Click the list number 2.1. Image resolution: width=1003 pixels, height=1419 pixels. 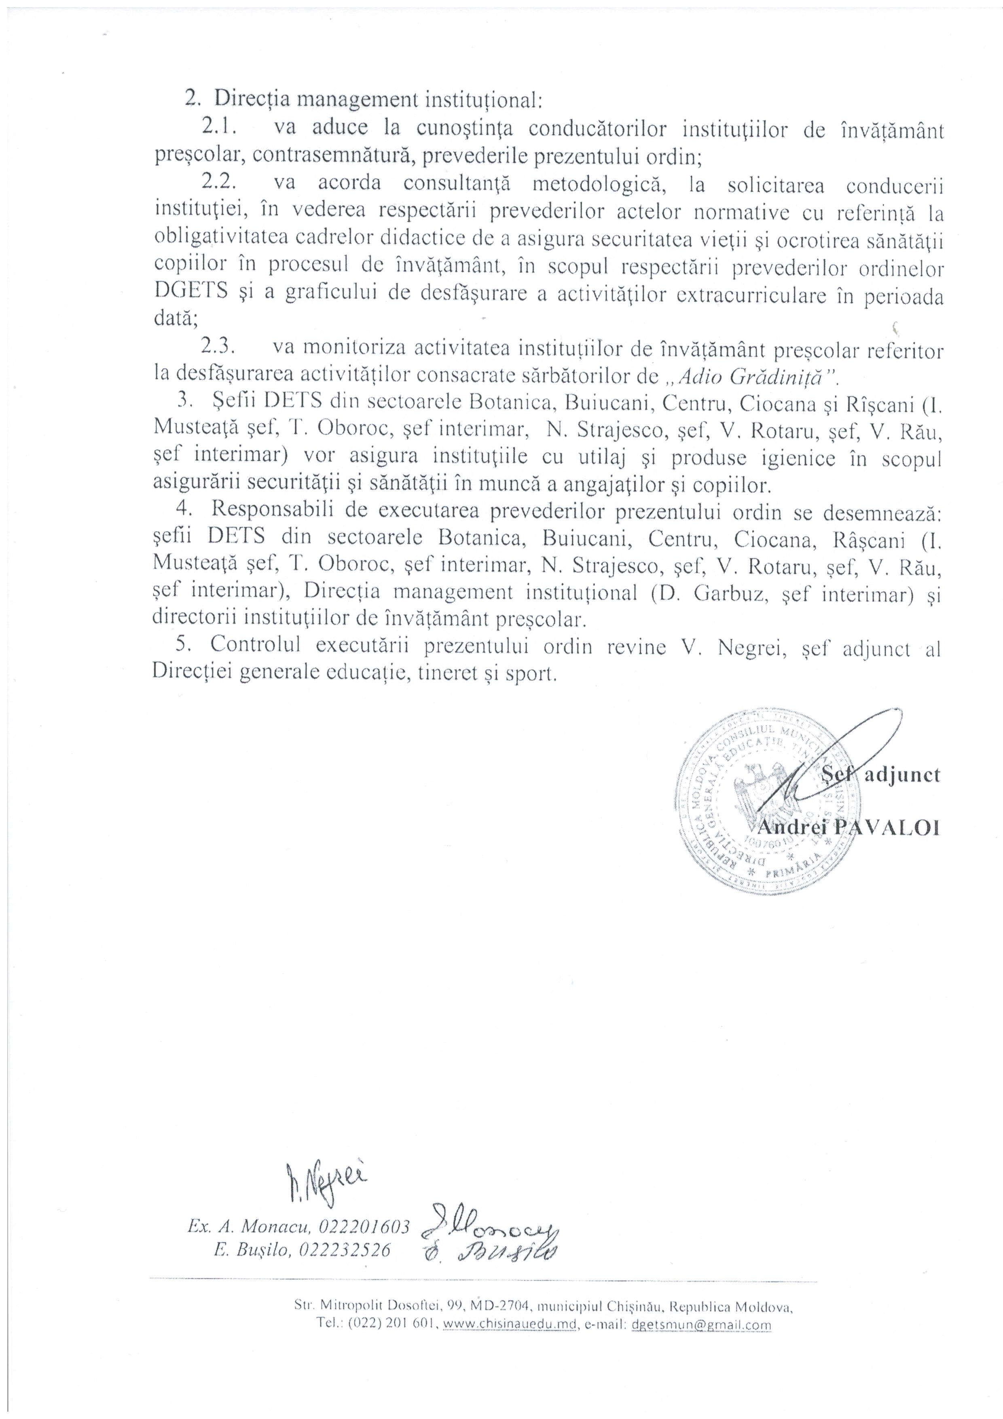(x=216, y=127)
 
